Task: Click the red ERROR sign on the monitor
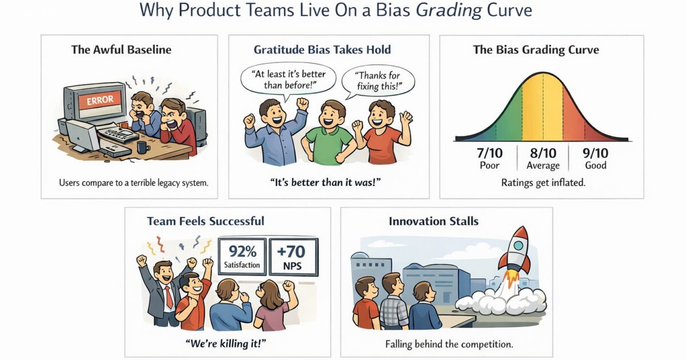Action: (x=99, y=99)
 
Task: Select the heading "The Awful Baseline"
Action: (x=121, y=50)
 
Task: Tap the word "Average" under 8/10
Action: (x=543, y=166)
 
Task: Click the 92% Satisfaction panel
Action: (x=242, y=256)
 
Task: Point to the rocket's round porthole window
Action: (x=518, y=245)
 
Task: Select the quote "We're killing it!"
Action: (x=228, y=344)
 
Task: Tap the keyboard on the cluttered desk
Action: (x=117, y=135)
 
